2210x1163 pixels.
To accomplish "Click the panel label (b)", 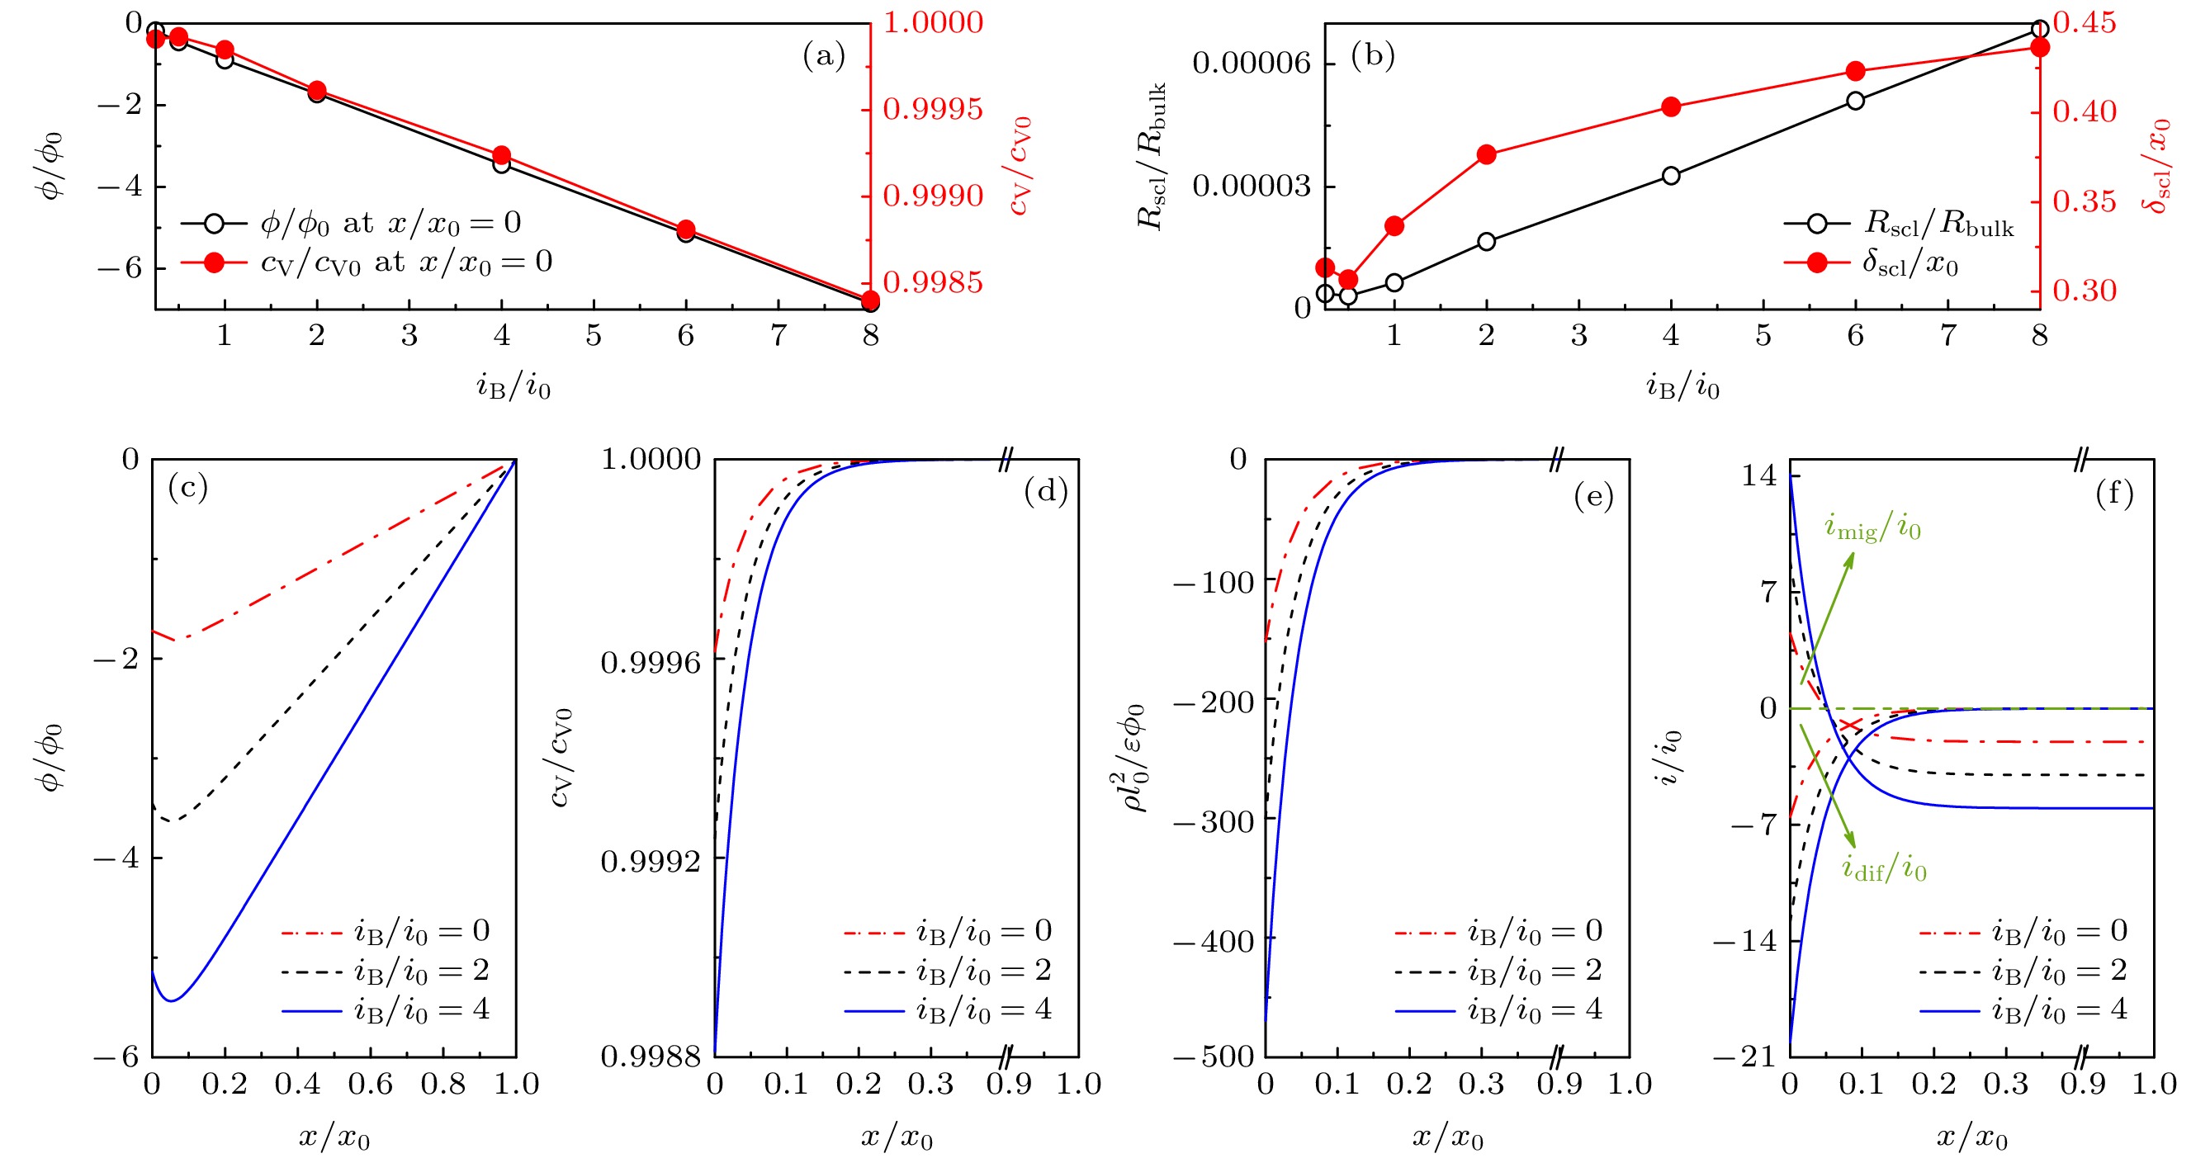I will (x=1373, y=57).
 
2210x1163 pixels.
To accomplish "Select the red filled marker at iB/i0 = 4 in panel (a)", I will (x=502, y=156).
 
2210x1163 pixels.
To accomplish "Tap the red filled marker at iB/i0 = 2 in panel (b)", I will (x=1487, y=155).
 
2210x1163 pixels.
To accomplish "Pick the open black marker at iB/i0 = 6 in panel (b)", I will (x=1856, y=101).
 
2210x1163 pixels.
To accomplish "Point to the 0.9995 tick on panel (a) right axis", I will (x=933, y=110).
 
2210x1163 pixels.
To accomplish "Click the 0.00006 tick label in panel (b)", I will (x=1252, y=64).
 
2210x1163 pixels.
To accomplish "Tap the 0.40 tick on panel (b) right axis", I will (x=2084, y=111).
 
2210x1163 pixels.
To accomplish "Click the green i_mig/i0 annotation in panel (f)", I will (x=1872, y=528).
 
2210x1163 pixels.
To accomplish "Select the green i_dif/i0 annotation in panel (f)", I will (x=1884, y=869).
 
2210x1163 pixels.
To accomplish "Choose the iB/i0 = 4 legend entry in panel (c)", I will (x=386, y=1010).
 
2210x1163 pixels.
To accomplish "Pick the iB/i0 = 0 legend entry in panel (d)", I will (x=948, y=931).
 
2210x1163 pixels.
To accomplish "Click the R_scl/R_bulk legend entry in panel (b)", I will (x=1900, y=225).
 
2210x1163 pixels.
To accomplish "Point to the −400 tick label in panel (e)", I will (x=1224, y=942).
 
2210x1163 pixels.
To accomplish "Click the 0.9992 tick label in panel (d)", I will (x=651, y=861).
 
